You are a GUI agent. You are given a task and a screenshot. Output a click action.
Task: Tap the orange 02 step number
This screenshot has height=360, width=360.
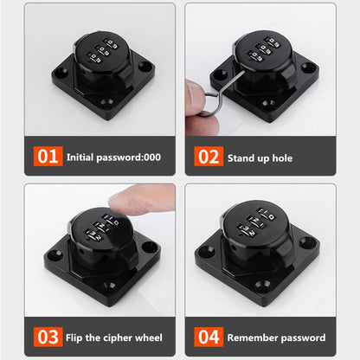click(207, 157)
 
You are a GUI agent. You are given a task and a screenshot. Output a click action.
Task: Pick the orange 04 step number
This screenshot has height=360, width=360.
click(207, 336)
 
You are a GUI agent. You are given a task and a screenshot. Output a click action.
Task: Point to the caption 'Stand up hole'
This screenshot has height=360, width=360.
click(260, 158)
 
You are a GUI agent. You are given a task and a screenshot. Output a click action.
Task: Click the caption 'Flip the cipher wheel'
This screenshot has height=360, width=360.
click(115, 337)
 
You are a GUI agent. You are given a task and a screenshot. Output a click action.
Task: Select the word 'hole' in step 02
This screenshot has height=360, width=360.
click(280, 158)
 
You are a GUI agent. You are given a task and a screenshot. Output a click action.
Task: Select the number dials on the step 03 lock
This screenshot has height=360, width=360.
click(100, 227)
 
